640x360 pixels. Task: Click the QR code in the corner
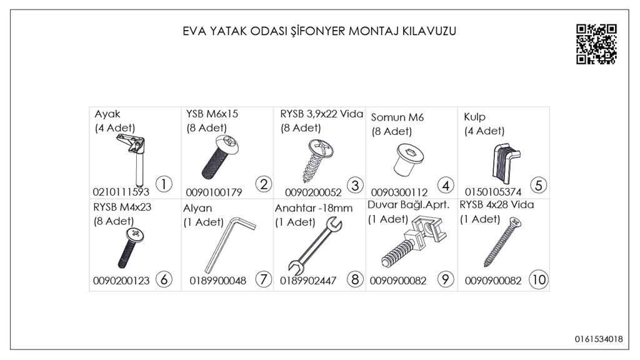(596, 44)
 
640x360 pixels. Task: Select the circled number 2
(263, 184)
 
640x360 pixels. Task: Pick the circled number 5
(538, 185)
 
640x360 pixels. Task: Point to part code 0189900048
(217, 281)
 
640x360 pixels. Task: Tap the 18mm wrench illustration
(314, 246)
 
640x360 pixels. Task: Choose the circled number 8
(356, 280)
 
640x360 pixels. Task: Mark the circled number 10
(538, 280)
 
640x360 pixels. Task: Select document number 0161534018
(599, 339)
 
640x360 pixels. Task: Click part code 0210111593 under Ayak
(121, 192)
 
